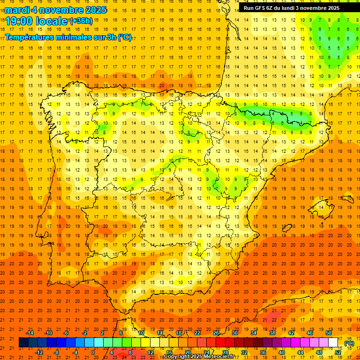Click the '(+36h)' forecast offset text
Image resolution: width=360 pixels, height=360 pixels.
[81, 21]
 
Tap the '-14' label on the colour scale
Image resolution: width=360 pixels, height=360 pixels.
[30, 333]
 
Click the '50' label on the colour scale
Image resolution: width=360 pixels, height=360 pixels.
[329, 333]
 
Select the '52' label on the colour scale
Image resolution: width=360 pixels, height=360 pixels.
[338, 352]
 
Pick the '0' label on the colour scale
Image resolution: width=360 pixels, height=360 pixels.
[93, 352]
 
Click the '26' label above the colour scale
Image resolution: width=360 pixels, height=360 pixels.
[216, 333]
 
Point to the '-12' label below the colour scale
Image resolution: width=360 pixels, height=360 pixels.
[39, 352]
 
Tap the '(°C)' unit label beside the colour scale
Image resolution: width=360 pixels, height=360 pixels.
[349, 343]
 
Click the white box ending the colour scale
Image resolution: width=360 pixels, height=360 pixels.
[333, 343]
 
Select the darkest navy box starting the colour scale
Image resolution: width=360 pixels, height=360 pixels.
[23, 343]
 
